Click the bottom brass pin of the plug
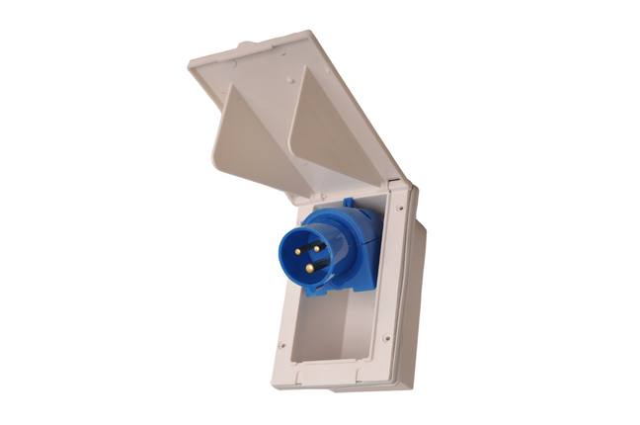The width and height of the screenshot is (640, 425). pos(309,267)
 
